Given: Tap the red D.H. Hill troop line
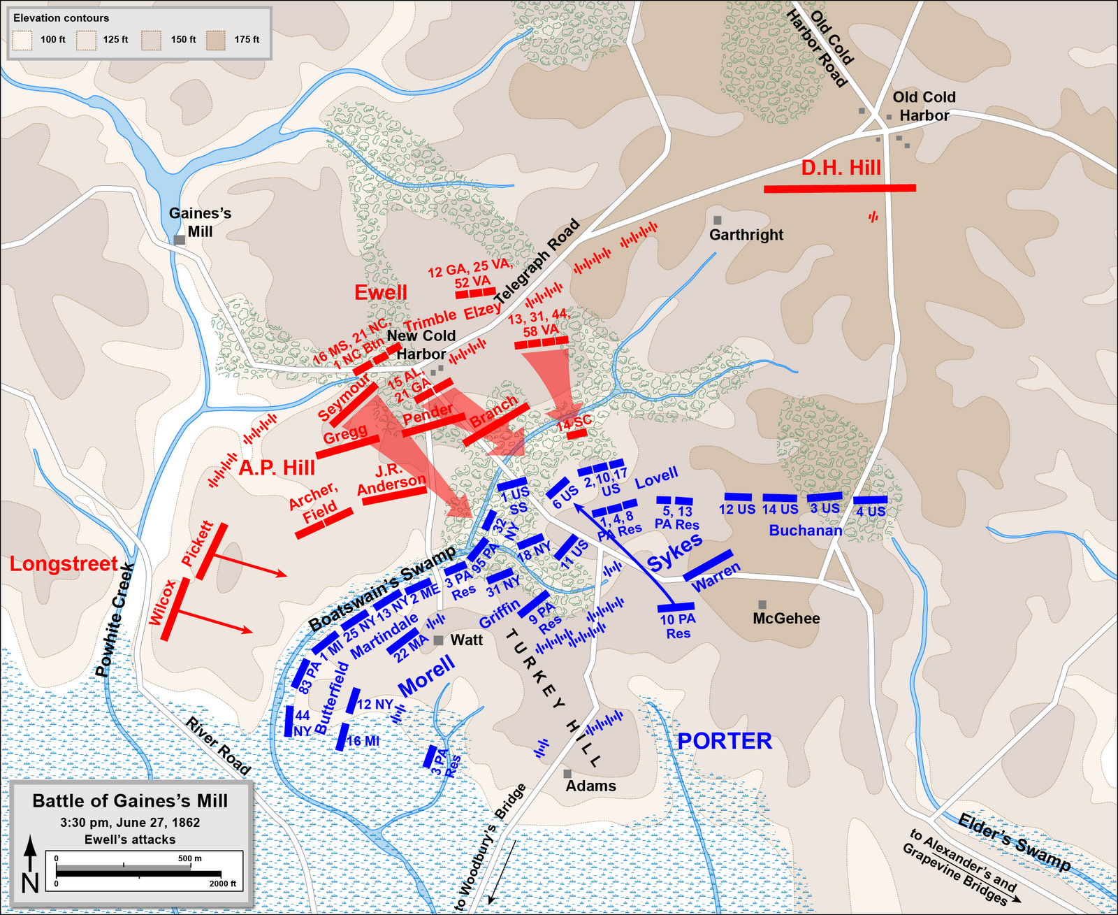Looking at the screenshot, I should [839, 188].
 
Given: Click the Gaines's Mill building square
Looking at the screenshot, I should [180, 240].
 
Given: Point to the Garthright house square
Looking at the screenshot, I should [717, 220].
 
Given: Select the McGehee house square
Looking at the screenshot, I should [762, 604].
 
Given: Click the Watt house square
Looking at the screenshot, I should [438, 640].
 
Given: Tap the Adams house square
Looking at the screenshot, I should [567, 773].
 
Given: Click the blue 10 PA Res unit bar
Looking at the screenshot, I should [676, 607].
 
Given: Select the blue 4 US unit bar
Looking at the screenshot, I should [870, 500].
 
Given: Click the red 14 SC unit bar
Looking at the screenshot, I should [576, 434].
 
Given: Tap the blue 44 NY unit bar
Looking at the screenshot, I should [289, 721].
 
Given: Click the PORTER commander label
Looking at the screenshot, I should [725, 741].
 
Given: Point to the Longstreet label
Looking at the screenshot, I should [64, 564].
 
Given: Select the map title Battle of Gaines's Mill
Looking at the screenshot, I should [130, 801].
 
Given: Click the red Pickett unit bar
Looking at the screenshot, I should [211, 552].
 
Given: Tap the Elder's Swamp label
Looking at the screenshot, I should [1013, 842].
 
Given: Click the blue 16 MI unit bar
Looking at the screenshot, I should [342, 737].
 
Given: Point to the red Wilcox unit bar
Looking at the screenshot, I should [175, 609].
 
